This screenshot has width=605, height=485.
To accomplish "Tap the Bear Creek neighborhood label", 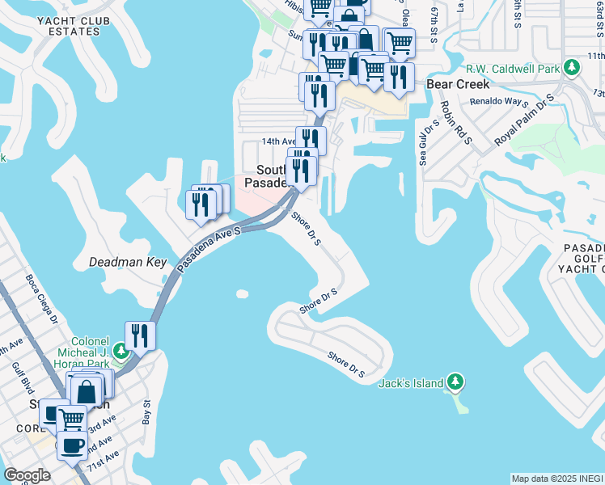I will tap(458, 84).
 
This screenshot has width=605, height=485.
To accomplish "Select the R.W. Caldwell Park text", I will tap(514, 70).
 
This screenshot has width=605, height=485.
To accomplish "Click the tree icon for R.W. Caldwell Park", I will tap(572, 66).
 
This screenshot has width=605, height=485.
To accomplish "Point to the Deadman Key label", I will tap(128, 263).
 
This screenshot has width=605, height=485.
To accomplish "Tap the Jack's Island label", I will tap(411, 382).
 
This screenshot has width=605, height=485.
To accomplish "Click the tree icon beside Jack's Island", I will tap(455, 381).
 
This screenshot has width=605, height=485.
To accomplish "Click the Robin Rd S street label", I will tap(457, 123).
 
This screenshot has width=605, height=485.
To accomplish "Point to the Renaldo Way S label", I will tap(499, 103).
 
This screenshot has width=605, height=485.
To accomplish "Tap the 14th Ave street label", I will tap(274, 141).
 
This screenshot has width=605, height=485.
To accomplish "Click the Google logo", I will tap(27, 475).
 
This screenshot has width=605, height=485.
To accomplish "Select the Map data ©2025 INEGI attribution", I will tap(557, 479).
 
